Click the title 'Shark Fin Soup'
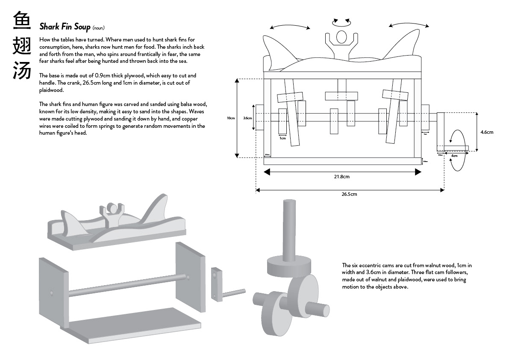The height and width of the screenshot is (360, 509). click(65, 27)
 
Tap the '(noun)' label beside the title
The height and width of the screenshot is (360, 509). click(98, 28)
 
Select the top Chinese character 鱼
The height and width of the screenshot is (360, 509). click(22, 21)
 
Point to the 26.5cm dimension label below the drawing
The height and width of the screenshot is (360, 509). click(349, 194)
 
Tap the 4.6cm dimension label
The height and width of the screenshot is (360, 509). click(486, 132)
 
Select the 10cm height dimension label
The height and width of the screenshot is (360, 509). click(231, 118)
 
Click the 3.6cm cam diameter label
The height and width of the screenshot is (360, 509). click(247, 118)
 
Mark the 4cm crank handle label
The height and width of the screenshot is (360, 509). click(454, 156)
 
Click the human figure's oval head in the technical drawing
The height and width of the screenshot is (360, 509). click(341, 37)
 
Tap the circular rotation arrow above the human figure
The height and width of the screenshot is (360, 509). click(341, 20)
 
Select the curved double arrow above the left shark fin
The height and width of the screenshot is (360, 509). click(290, 27)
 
